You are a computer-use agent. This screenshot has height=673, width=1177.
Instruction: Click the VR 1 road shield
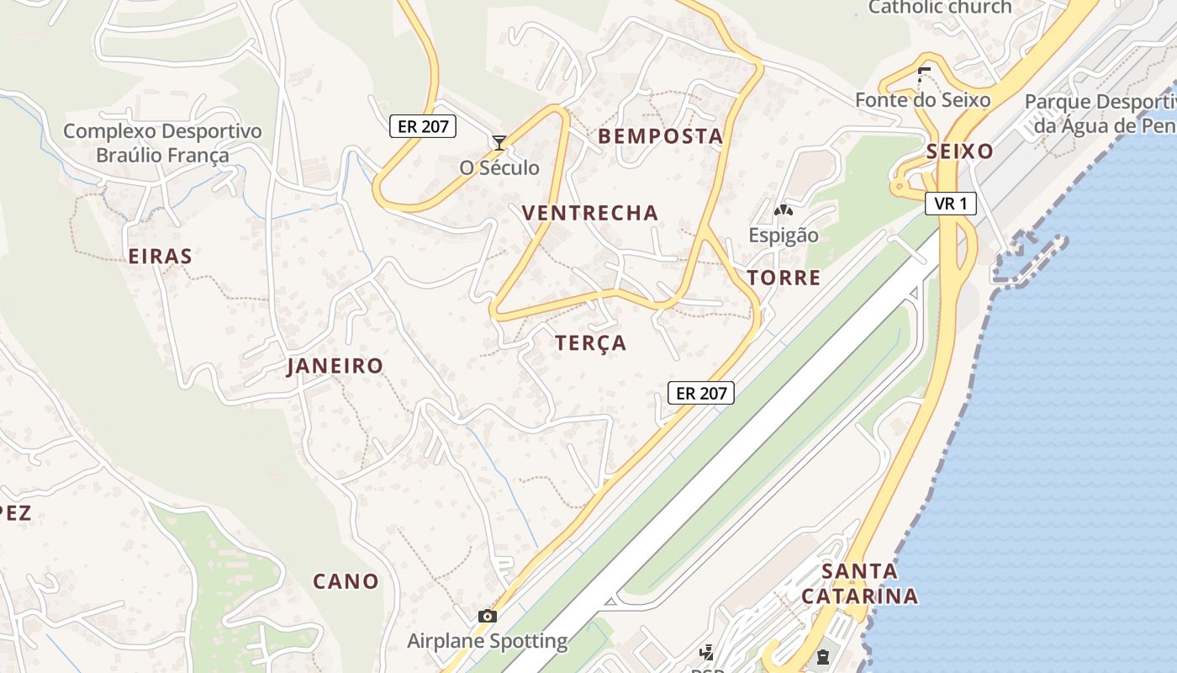(951, 204)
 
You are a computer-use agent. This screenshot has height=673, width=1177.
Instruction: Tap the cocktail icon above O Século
(499, 142)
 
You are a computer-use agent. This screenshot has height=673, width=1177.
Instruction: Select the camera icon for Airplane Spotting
(487, 616)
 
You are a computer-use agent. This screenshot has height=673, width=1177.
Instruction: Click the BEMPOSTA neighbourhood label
(660, 136)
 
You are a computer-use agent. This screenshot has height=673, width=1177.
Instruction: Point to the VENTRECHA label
(590, 213)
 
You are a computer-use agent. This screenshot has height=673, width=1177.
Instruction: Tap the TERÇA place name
(591, 343)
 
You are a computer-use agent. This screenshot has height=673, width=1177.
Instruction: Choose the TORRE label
(784, 278)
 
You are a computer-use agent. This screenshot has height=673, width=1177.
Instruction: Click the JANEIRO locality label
(335, 366)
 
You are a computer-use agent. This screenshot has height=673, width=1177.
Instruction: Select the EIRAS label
(161, 257)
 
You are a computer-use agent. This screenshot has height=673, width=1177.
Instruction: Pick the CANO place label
(346, 581)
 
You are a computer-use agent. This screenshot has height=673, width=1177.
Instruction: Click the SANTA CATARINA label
(859, 584)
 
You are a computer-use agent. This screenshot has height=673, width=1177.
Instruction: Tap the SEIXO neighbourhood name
(959, 151)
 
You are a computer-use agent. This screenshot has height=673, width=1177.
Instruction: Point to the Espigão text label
(784, 235)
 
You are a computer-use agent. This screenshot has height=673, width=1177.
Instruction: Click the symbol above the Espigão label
(784, 209)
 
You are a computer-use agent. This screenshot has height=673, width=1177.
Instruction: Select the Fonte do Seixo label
(922, 100)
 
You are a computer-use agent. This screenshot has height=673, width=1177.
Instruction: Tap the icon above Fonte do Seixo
(924, 74)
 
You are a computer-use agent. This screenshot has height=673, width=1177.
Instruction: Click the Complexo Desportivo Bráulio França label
(162, 143)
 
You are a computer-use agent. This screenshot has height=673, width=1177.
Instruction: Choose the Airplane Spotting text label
(487, 641)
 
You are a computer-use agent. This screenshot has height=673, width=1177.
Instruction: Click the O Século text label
(499, 167)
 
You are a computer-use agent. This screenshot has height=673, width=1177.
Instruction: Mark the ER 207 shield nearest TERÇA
(701, 392)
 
